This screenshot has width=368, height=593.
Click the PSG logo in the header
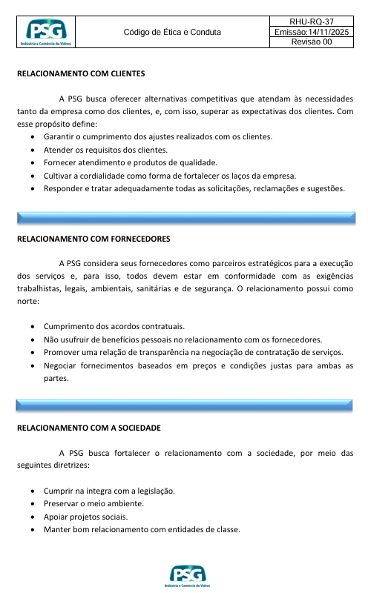[x=45, y=33]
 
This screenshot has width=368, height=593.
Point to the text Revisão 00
[x=311, y=42]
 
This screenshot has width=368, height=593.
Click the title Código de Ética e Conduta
[x=172, y=33]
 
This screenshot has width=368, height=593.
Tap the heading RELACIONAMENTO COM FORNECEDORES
[x=93, y=239]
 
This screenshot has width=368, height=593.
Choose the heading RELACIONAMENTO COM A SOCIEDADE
[x=88, y=428]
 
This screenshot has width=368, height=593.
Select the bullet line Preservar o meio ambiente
[x=93, y=503]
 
